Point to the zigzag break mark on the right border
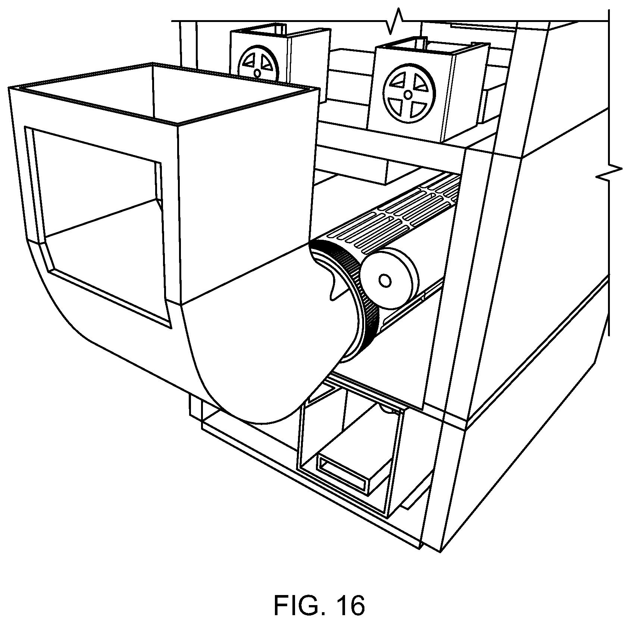tap(612, 172)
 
